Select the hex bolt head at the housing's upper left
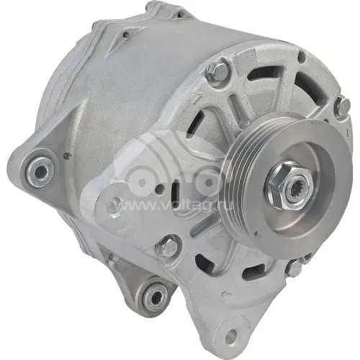point(217,70)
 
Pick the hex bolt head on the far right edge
point(343,106)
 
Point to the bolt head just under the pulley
point(294,269)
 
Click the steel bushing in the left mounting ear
point(40,171)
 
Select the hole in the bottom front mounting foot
point(232,335)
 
